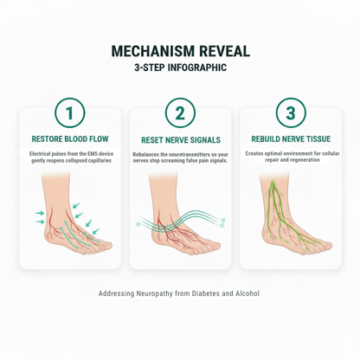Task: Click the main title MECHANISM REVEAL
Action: pyautogui.click(x=180, y=51)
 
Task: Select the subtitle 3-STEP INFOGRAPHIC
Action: pyautogui.click(x=180, y=67)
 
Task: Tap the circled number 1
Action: pyautogui.click(x=69, y=113)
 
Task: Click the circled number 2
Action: pyautogui.click(x=179, y=113)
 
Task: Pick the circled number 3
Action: pyautogui.click(x=290, y=113)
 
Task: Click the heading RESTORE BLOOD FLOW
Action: pyautogui.click(x=70, y=138)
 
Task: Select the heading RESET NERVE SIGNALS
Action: pyautogui.click(x=179, y=139)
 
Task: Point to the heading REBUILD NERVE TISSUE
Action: pyautogui.click(x=290, y=138)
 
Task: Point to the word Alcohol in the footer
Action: pyautogui.click(x=246, y=293)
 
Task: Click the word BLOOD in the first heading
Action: pyautogui.click(x=75, y=138)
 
